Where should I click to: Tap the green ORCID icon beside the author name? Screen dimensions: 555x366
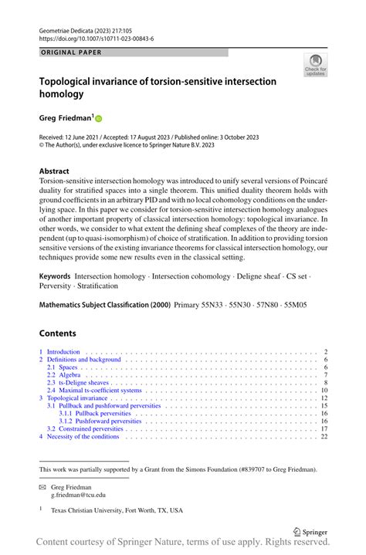[x=99, y=119]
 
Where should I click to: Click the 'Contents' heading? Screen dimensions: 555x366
[x=58, y=333]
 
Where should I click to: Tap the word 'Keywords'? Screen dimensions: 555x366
[x=56, y=276]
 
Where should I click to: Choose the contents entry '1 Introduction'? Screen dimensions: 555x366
[x=62, y=352]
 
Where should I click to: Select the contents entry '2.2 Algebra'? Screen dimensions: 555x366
[x=66, y=374]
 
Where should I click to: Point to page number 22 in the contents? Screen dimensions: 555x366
[x=324, y=436]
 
